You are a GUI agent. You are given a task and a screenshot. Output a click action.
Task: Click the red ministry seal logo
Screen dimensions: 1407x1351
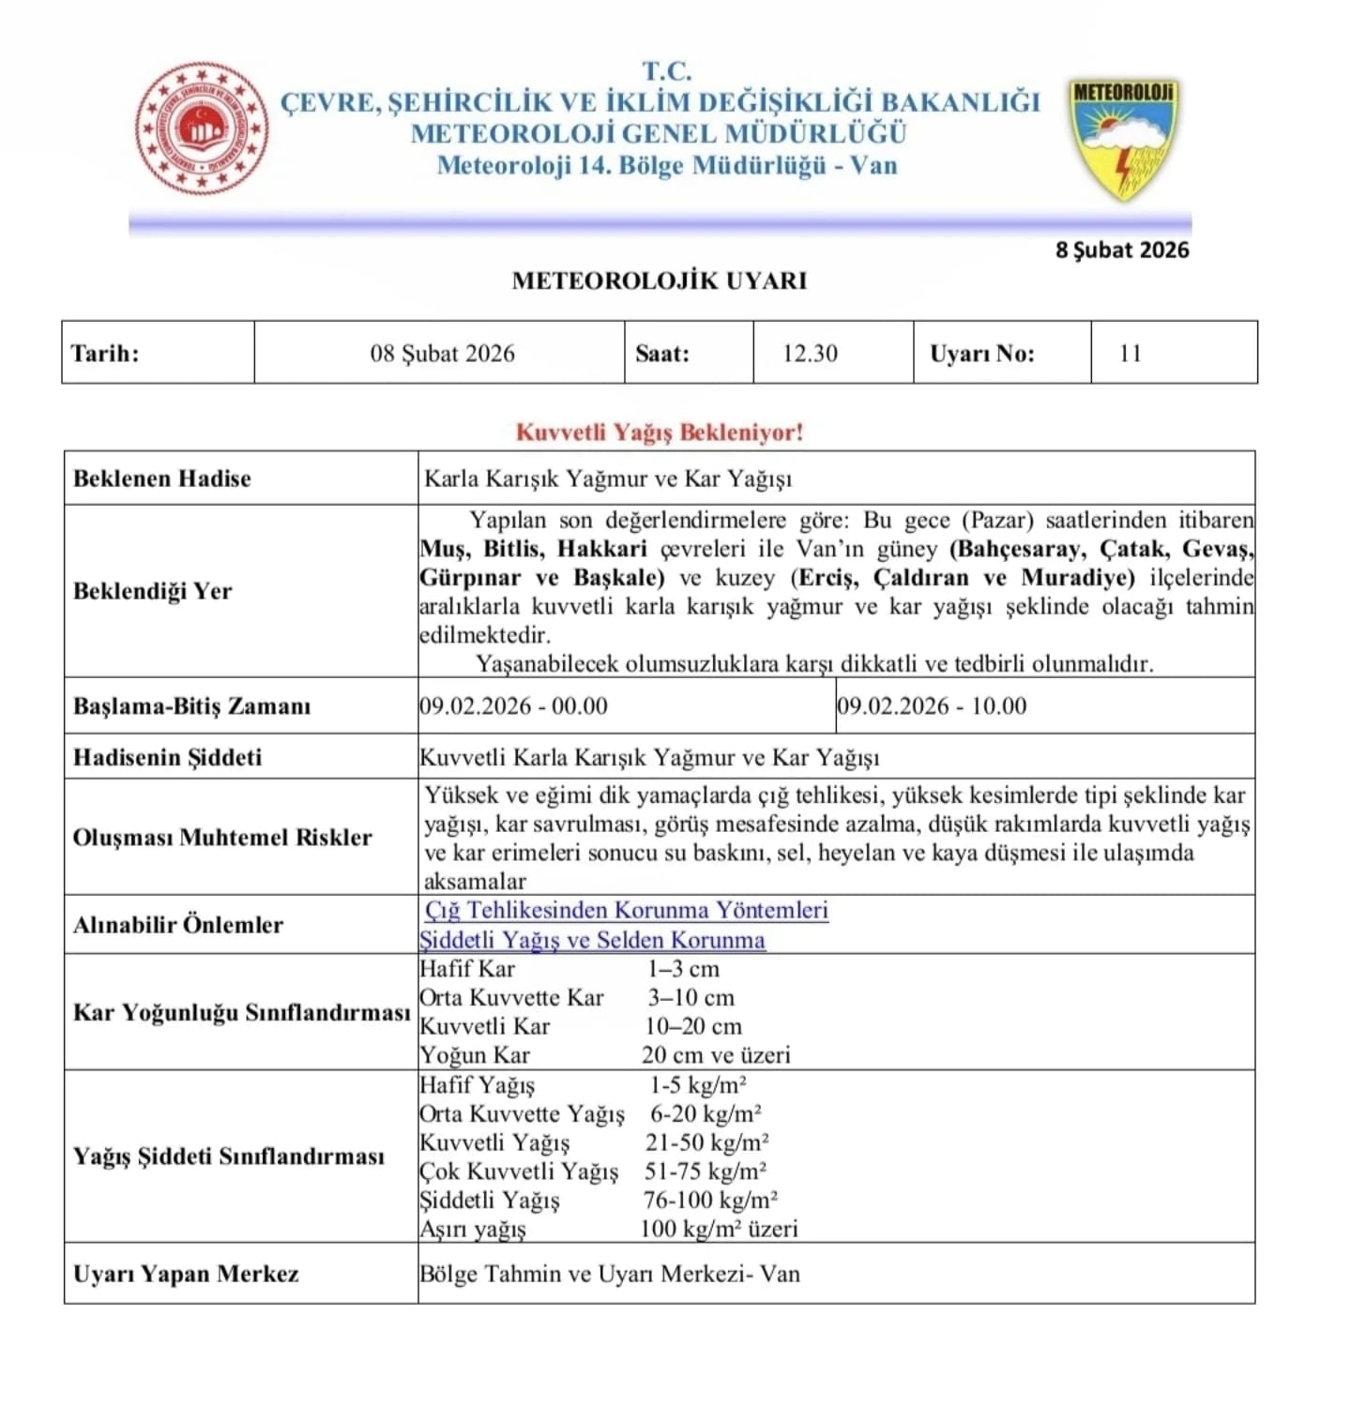(201, 129)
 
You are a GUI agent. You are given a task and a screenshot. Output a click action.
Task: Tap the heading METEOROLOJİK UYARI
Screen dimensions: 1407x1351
(660, 280)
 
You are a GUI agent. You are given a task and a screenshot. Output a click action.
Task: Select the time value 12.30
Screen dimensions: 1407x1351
(810, 354)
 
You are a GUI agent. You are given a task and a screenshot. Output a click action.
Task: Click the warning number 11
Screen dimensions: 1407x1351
(1130, 354)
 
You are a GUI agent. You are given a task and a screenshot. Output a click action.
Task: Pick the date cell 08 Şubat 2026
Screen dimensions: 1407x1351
(442, 354)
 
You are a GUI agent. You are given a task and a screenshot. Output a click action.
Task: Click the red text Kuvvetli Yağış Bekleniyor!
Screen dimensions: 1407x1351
(660, 432)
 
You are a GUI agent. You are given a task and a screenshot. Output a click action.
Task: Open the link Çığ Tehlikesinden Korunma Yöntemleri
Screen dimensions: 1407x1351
(627, 910)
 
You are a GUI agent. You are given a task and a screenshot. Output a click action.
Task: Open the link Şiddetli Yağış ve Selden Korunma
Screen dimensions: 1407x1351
(593, 940)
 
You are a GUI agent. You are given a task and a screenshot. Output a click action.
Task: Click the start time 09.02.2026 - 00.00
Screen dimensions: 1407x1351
(514, 705)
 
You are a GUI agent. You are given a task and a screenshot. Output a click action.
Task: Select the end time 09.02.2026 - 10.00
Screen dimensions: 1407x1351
(932, 705)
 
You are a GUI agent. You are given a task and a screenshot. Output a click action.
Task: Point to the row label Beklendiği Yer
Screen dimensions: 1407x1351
(152, 591)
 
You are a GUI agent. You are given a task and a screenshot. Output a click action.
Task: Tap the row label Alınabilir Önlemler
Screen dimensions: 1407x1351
(178, 925)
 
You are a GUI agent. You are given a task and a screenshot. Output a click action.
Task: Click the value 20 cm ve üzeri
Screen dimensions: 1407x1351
(716, 1055)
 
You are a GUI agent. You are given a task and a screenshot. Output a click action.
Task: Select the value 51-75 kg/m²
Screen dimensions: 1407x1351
(706, 1171)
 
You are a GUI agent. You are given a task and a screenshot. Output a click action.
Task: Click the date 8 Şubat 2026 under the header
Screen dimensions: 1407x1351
(1122, 250)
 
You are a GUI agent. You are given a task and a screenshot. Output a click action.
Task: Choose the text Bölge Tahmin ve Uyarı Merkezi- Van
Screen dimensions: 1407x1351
(610, 1274)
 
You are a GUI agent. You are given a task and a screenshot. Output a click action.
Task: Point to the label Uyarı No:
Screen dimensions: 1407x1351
(982, 354)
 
